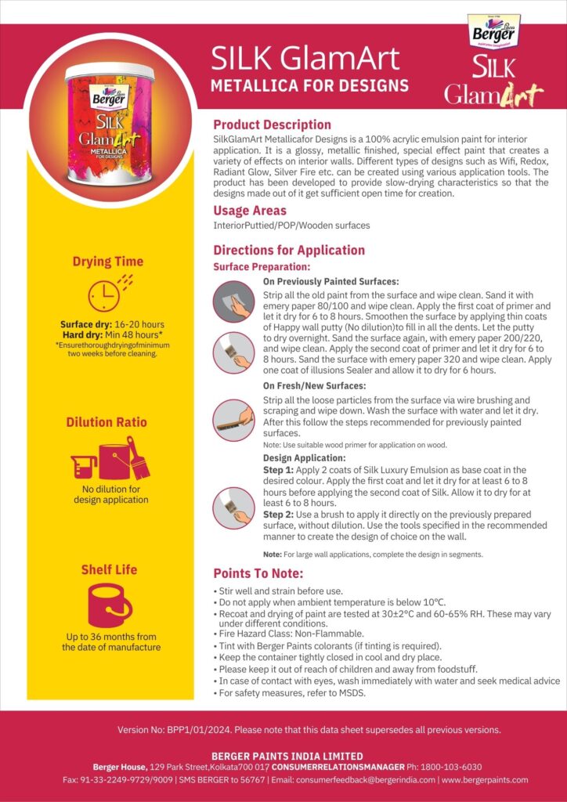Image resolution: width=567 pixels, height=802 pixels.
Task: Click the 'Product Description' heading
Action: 272,125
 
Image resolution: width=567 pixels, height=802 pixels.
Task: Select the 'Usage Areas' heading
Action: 250,211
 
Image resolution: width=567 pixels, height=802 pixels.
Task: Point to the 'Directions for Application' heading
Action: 289,250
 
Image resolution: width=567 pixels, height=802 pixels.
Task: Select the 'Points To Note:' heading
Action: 258,573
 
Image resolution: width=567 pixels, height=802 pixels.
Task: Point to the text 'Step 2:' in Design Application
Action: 277,514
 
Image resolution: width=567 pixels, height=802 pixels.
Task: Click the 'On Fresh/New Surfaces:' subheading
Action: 313,385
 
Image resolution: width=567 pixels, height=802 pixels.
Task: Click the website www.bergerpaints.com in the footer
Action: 486,780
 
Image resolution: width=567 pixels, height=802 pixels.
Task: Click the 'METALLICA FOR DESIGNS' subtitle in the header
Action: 309,85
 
